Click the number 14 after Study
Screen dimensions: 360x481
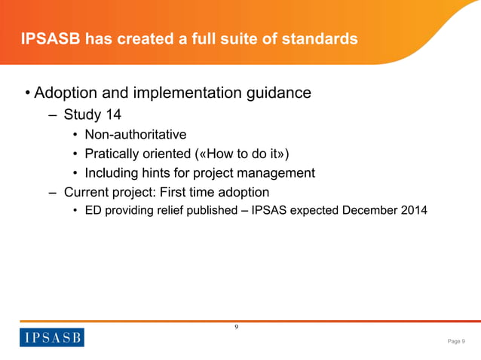click(x=112, y=115)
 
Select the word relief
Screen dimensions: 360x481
click(x=170, y=211)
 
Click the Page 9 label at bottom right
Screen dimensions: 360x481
click(x=456, y=341)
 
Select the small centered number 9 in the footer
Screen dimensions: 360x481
click(x=236, y=327)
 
